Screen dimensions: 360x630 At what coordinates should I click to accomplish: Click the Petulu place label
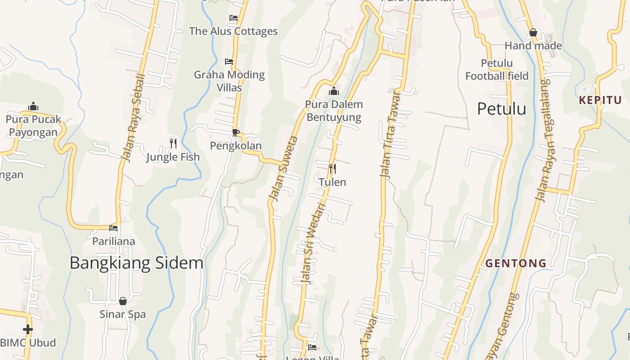tap(501, 109)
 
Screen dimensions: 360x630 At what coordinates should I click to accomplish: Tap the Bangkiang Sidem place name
tap(136, 263)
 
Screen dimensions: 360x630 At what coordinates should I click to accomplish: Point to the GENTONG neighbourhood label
tap(516, 263)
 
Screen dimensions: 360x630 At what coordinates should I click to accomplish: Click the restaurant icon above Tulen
tap(333, 169)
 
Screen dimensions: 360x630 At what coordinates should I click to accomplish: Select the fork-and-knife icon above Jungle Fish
tap(173, 144)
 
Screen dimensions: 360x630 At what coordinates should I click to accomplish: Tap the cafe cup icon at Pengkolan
tap(235, 132)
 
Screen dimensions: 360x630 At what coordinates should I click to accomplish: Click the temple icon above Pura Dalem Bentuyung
tap(333, 91)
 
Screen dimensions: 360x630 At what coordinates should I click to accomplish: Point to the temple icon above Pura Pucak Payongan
tap(33, 106)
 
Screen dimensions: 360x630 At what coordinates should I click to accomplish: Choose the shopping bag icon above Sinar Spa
tap(123, 301)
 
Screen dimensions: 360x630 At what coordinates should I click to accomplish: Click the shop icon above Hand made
tap(533, 32)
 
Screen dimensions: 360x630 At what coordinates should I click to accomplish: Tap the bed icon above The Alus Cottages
tap(233, 18)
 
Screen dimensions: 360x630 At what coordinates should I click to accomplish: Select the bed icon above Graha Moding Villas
tap(229, 61)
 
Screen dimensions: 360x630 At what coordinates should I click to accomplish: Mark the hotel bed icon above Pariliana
tap(113, 228)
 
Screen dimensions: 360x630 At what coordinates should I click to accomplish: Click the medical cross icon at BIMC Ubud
tap(28, 329)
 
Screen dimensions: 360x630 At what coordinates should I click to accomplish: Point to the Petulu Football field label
tap(497, 70)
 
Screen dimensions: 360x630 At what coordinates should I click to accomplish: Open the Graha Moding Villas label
tap(229, 81)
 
